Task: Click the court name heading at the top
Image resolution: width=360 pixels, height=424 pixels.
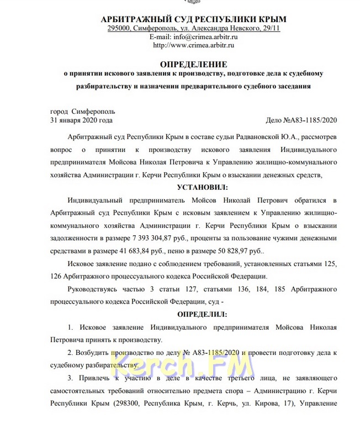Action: pos(193,19)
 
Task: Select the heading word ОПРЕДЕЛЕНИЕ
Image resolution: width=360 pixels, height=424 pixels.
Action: pos(193,65)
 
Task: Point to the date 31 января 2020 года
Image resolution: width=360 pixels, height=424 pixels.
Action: pos(81,120)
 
